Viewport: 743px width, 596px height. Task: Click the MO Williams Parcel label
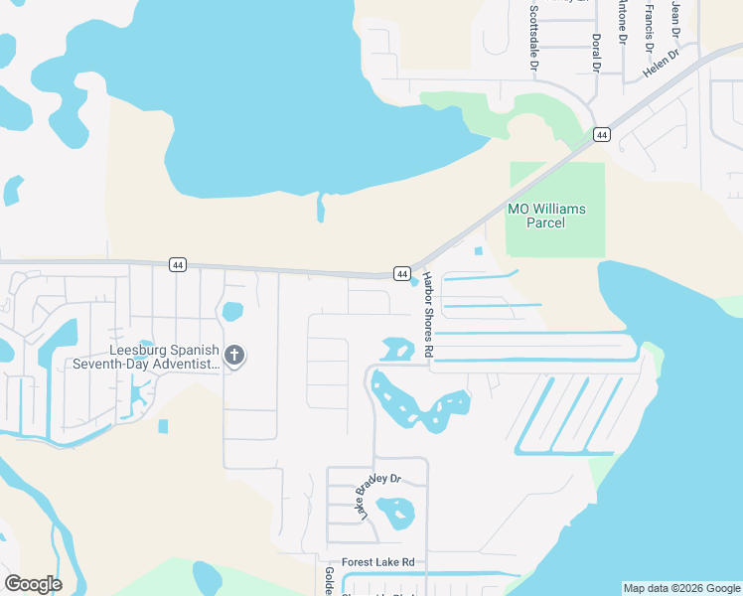coord(546,216)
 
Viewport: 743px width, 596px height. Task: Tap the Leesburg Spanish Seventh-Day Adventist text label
coord(146,357)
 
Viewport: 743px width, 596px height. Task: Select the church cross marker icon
coord(234,355)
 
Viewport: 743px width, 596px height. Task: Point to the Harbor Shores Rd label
coord(428,315)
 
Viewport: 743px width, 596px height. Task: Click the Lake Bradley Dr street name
coord(377,496)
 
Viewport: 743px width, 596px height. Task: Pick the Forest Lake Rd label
coord(377,562)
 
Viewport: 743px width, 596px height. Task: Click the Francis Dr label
coord(648,27)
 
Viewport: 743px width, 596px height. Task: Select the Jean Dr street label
coord(675,14)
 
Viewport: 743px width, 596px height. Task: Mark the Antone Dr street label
coord(623,21)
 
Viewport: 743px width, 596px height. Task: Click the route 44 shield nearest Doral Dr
coord(601,134)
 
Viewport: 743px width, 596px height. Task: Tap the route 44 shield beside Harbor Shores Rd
coord(401,272)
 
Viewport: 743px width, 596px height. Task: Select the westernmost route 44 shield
coord(177,264)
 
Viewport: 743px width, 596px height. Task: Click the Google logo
coord(33,583)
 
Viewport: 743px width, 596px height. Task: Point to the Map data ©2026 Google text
coord(681,588)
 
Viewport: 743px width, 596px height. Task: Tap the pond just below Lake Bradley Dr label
coord(395,513)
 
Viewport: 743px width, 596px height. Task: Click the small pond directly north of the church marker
coord(231,311)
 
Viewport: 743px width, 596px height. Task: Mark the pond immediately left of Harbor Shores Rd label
coord(396,349)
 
